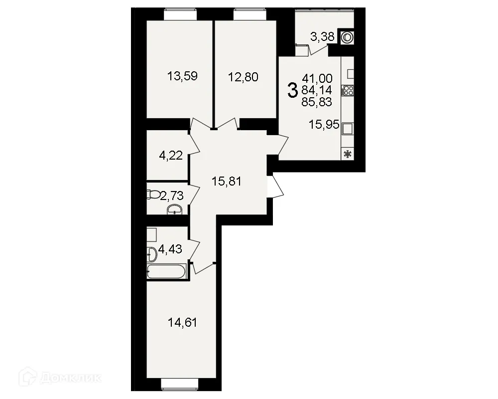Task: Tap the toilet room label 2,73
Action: point(172,196)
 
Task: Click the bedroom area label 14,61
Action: point(182,323)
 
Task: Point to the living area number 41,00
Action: point(317,78)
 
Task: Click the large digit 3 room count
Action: point(293,90)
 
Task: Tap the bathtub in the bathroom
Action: point(167,272)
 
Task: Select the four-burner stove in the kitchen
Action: point(348,90)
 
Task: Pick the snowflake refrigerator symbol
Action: point(348,154)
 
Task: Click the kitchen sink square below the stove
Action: point(348,128)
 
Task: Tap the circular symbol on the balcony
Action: point(347,37)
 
